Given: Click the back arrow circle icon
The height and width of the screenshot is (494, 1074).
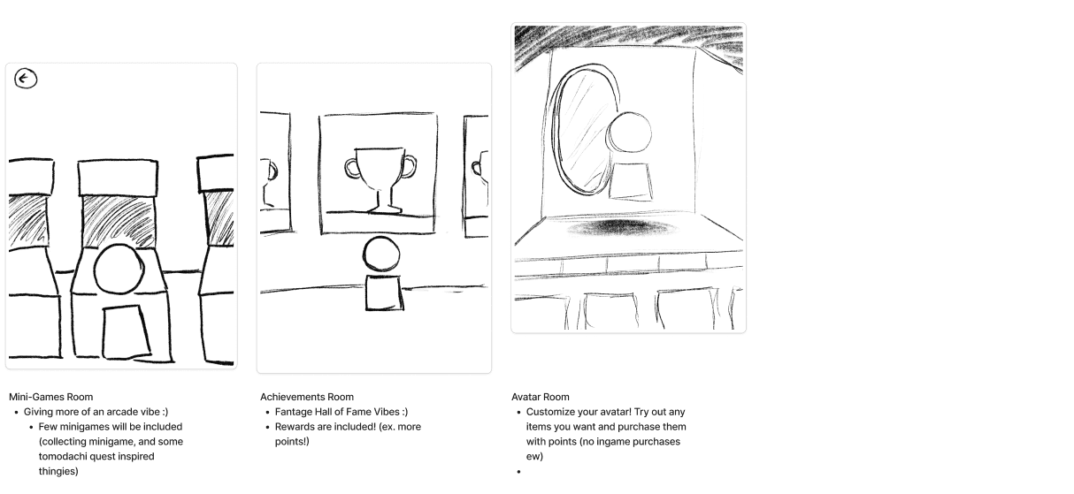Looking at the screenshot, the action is point(26,79).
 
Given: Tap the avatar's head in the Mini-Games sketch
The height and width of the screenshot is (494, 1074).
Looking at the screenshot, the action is point(119,270).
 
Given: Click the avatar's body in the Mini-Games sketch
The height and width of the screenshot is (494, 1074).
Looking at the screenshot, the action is point(127,332).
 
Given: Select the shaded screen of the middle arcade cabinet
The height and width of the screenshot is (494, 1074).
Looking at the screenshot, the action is point(119,221).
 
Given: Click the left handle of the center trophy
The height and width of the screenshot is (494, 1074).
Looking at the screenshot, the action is point(351,168).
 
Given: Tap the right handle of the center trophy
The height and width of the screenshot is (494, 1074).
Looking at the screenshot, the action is point(409,166).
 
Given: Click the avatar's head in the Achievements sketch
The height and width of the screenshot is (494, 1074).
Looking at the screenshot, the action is point(381,254).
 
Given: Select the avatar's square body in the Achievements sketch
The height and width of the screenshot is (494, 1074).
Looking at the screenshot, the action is point(384,293).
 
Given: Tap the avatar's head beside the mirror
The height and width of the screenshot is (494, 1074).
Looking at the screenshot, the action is point(629,133).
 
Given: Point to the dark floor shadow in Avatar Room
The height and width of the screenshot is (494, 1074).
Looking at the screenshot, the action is point(624,228).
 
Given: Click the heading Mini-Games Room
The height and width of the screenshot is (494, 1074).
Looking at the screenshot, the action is point(50,397).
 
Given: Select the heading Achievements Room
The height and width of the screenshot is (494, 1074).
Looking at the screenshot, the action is point(307,397).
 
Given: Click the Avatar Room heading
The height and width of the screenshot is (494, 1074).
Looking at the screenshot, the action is point(541,397).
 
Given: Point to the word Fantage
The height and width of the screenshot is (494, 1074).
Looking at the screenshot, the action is point(294,412).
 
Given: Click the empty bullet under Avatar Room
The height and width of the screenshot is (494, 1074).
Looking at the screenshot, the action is point(518,472).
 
